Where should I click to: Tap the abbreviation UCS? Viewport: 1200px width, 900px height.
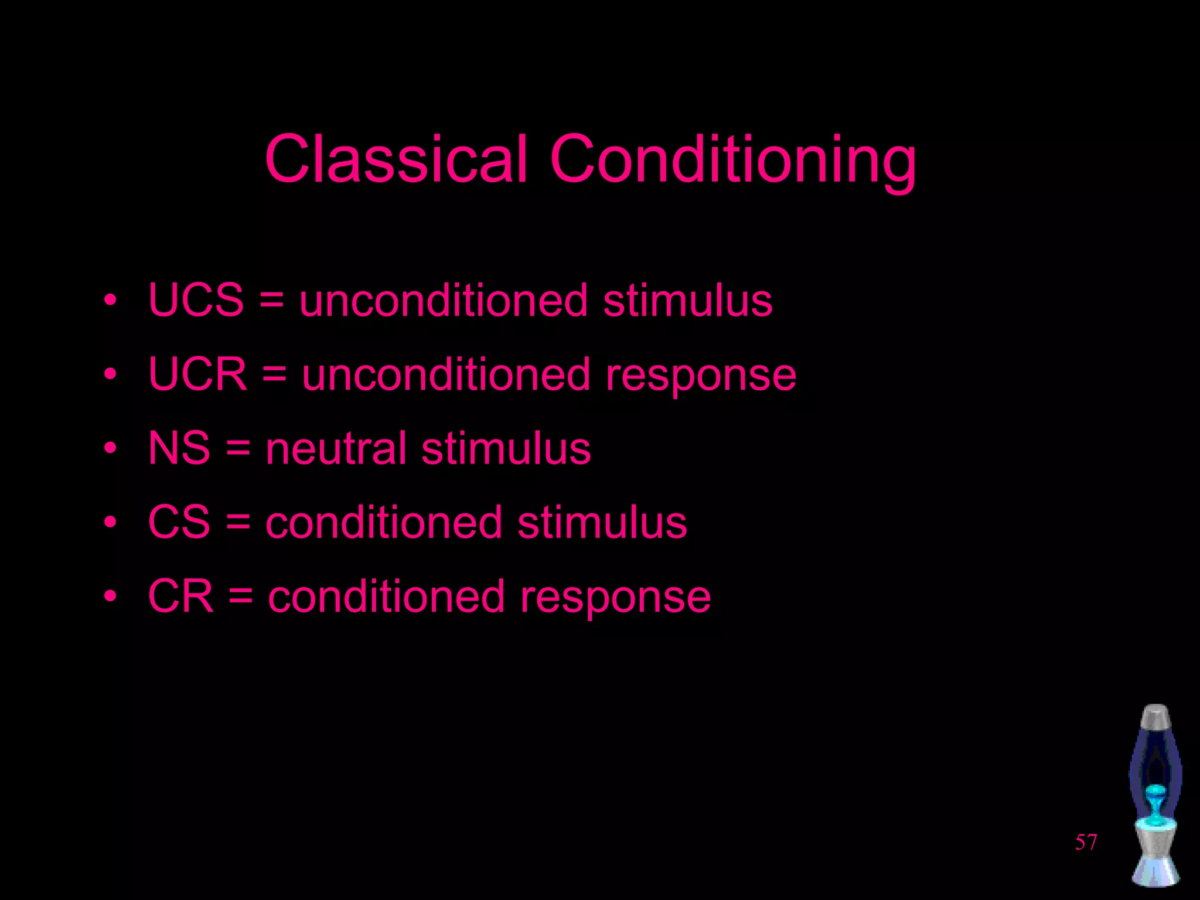[x=196, y=300]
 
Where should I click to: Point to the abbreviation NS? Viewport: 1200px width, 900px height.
[x=179, y=448]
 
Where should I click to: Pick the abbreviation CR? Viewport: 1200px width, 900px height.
[x=180, y=596]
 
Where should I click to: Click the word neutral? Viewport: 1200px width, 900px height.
[x=336, y=448]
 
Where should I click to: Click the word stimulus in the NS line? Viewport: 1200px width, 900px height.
[x=506, y=448]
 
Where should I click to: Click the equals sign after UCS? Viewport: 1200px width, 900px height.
[x=271, y=301]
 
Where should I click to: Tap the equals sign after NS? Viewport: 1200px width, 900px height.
[x=238, y=449]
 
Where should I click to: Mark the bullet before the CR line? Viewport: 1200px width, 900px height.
[x=110, y=596]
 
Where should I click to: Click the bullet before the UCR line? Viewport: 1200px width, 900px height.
[x=110, y=374]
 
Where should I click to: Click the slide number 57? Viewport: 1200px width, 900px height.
[x=1086, y=842]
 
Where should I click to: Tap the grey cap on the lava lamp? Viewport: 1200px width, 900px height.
[x=1155, y=716]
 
